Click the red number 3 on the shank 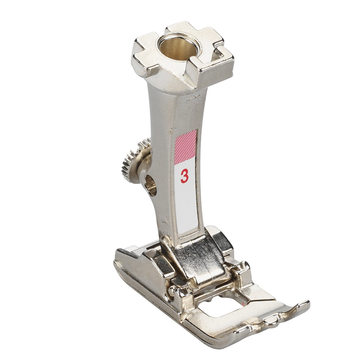point(184,176)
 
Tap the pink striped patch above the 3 point(185,147)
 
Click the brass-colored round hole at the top point(177,48)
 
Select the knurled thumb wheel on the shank point(134,161)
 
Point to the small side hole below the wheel point(150,185)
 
